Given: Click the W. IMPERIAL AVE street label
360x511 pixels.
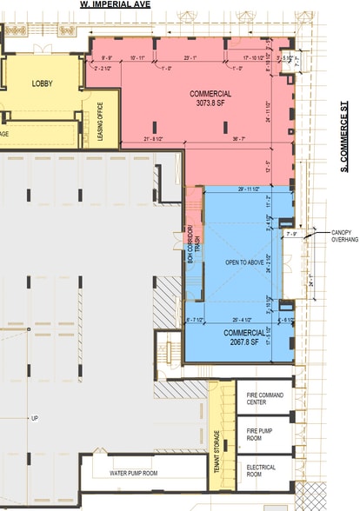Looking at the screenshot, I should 117,4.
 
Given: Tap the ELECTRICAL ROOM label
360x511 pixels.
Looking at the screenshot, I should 261,471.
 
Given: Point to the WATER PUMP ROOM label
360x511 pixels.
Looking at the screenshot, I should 133,474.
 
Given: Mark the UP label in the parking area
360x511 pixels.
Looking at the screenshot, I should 35,418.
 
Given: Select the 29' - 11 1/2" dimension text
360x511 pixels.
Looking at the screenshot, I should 250,189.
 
